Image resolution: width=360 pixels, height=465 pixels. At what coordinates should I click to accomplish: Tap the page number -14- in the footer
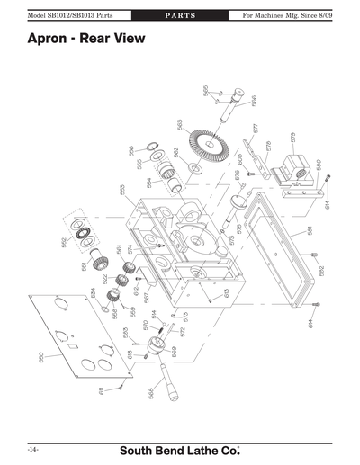click(32, 447)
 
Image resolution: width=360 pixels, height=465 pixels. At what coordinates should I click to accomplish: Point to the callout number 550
click(41, 357)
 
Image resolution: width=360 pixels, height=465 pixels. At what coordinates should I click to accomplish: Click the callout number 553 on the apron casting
click(122, 190)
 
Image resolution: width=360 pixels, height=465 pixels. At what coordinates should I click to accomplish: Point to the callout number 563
click(180, 125)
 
